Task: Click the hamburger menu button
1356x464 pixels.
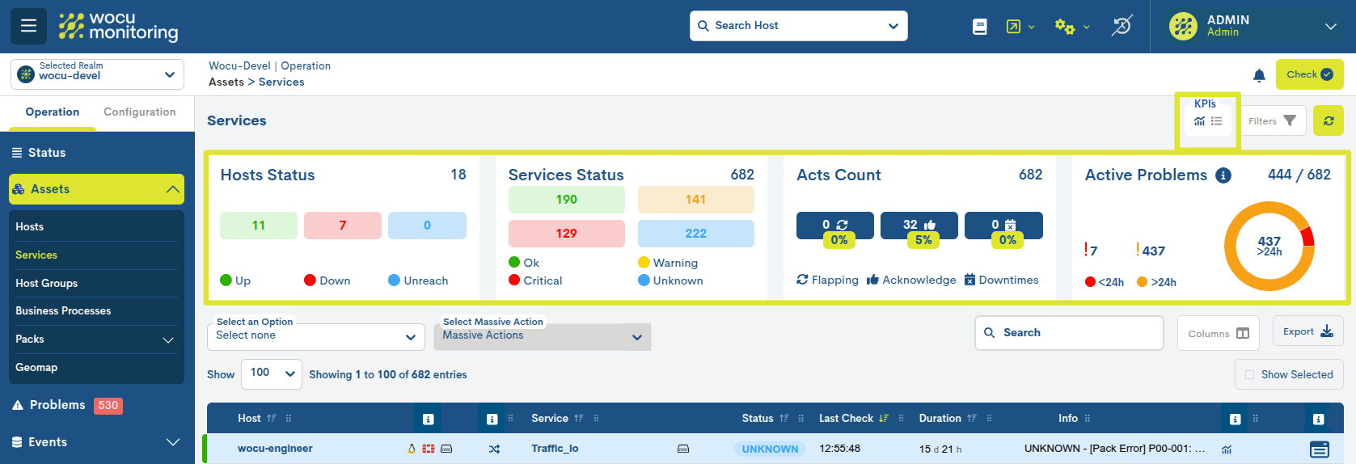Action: pos(28,26)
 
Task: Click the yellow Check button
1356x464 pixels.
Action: pos(1309,74)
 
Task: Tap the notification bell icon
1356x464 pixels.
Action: pos(1259,75)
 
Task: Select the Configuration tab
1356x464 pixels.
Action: pos(139,112)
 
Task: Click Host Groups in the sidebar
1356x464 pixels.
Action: pos(47,283)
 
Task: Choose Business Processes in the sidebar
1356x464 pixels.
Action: pos(63,311)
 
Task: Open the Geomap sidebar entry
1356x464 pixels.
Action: pos(36,368)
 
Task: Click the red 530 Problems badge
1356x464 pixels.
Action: pos(108,406)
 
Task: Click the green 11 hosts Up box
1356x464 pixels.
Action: pos(259,226)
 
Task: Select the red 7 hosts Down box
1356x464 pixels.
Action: pos(343,226)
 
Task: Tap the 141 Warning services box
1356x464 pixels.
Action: pos(695,200)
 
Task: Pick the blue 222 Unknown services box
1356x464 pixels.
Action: pos(695,234)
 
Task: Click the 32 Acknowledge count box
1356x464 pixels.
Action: pos(919,226)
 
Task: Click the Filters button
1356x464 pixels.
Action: pos(1272,121)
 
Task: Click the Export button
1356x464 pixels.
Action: pos(1307,331)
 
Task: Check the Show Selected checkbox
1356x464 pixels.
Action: pos(1250,375)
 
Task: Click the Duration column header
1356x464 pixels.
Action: pos(940,419)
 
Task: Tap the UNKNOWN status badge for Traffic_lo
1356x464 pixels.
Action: pos(770,449)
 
